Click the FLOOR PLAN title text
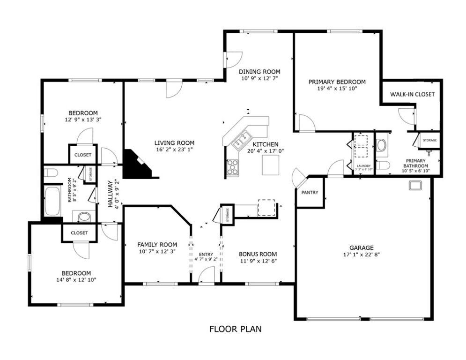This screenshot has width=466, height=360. point(236,329)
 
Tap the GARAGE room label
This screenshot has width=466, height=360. point(362,247)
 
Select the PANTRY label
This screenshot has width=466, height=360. point(310,193)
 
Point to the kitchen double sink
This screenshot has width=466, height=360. point(241,141)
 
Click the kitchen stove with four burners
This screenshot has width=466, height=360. point(232,167)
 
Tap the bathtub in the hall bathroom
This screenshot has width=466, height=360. point(52,201)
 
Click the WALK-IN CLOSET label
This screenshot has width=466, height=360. point(412,94)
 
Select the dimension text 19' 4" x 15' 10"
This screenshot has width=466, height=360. point(337,89)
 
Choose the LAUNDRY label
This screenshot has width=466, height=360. point(363,166)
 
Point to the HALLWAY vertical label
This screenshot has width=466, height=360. point(110,194)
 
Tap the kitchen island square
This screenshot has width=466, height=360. point(270,165)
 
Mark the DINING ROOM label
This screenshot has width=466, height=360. point(259,72)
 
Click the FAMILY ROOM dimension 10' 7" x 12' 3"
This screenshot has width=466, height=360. point(157,251)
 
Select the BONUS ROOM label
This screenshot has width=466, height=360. point(258,254)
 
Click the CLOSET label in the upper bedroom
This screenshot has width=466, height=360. point(83,155)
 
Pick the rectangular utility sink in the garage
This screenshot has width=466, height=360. point(415,185)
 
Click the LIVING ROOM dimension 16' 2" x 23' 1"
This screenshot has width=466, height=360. point(174,150)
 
